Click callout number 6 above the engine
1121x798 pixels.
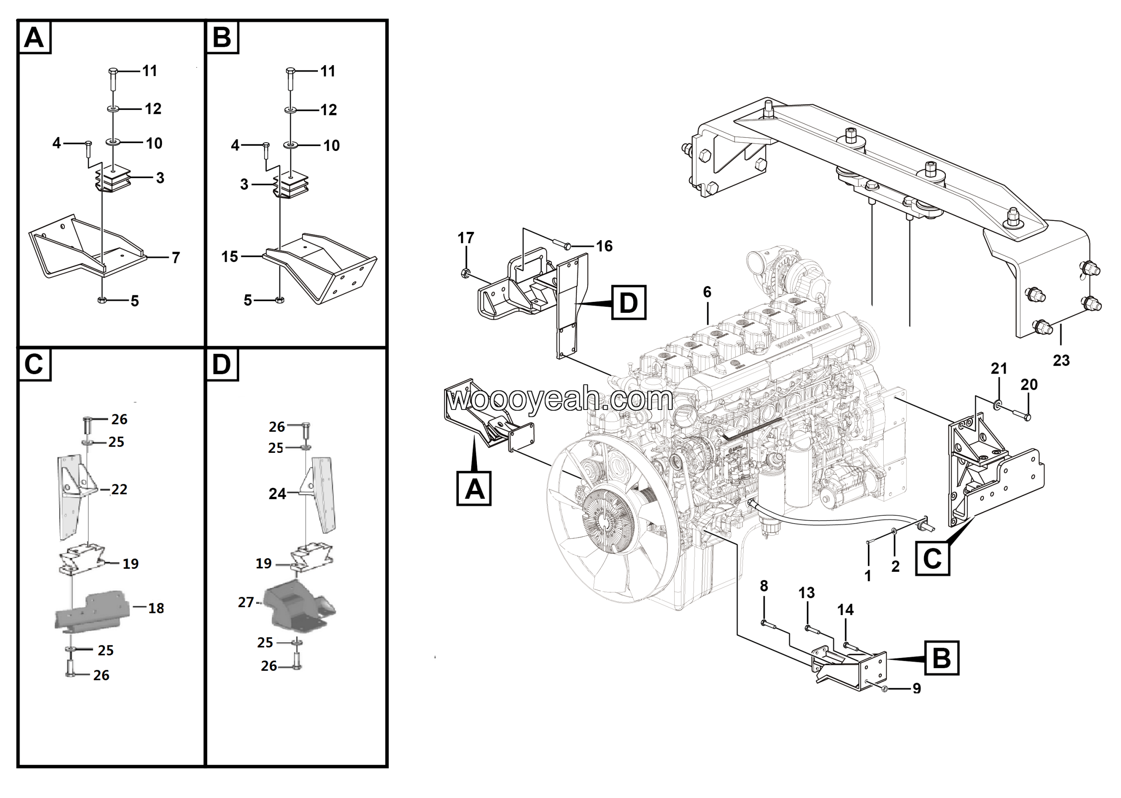coord(707,292)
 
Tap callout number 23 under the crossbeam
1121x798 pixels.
coord(1061,360)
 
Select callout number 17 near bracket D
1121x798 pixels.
coord(465,238)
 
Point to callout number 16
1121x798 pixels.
coord(604,246)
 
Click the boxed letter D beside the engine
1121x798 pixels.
coord(629,302)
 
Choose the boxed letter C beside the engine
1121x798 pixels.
coord(932,558)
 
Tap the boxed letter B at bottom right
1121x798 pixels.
coord(941,658)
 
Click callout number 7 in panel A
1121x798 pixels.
coord(176,258)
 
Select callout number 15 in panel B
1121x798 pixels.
coord(229,256)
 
